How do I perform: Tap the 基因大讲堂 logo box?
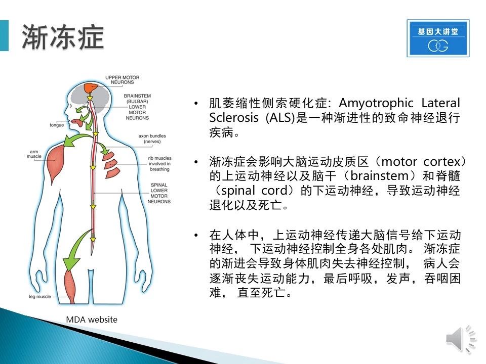pyautogui.click(x=438, y=38)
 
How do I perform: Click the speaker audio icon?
pyautogui.click(x=461, y=339)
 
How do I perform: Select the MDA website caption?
pyautogui.click(x=92, y=320)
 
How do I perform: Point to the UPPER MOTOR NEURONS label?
pyautogui.click(x=122, y=80)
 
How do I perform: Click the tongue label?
pyautogui.click(x=57, y=125)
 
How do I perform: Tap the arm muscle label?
pyautogui.click(x=34, y=154)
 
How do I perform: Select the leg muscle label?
pyautogui.click(x=40, y=297)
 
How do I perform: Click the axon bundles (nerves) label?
pyautogui.click(x=152, y=139)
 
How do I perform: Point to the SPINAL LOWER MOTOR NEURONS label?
pyautogui.click(x=159, y=193)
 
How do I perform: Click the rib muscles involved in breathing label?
pyautogui.click(x=159, y=164)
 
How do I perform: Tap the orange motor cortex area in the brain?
pyautogui.click(x=91, y=87)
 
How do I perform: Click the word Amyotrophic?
pyautogui.click(x=376, y=103)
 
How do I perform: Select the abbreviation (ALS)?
pyautogui.click(x=280, y=118)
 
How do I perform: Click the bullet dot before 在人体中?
pyautogui.click(x=196, y=236)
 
